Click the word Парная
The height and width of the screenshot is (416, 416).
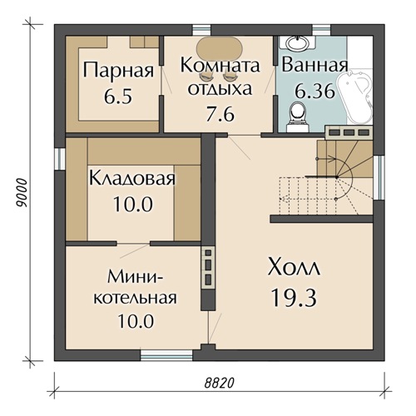pos(119,71)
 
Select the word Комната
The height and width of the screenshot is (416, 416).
pos(220,65)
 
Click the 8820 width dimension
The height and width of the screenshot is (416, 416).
pos(220,383)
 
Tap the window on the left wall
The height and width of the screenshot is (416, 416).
pos(58,158)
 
